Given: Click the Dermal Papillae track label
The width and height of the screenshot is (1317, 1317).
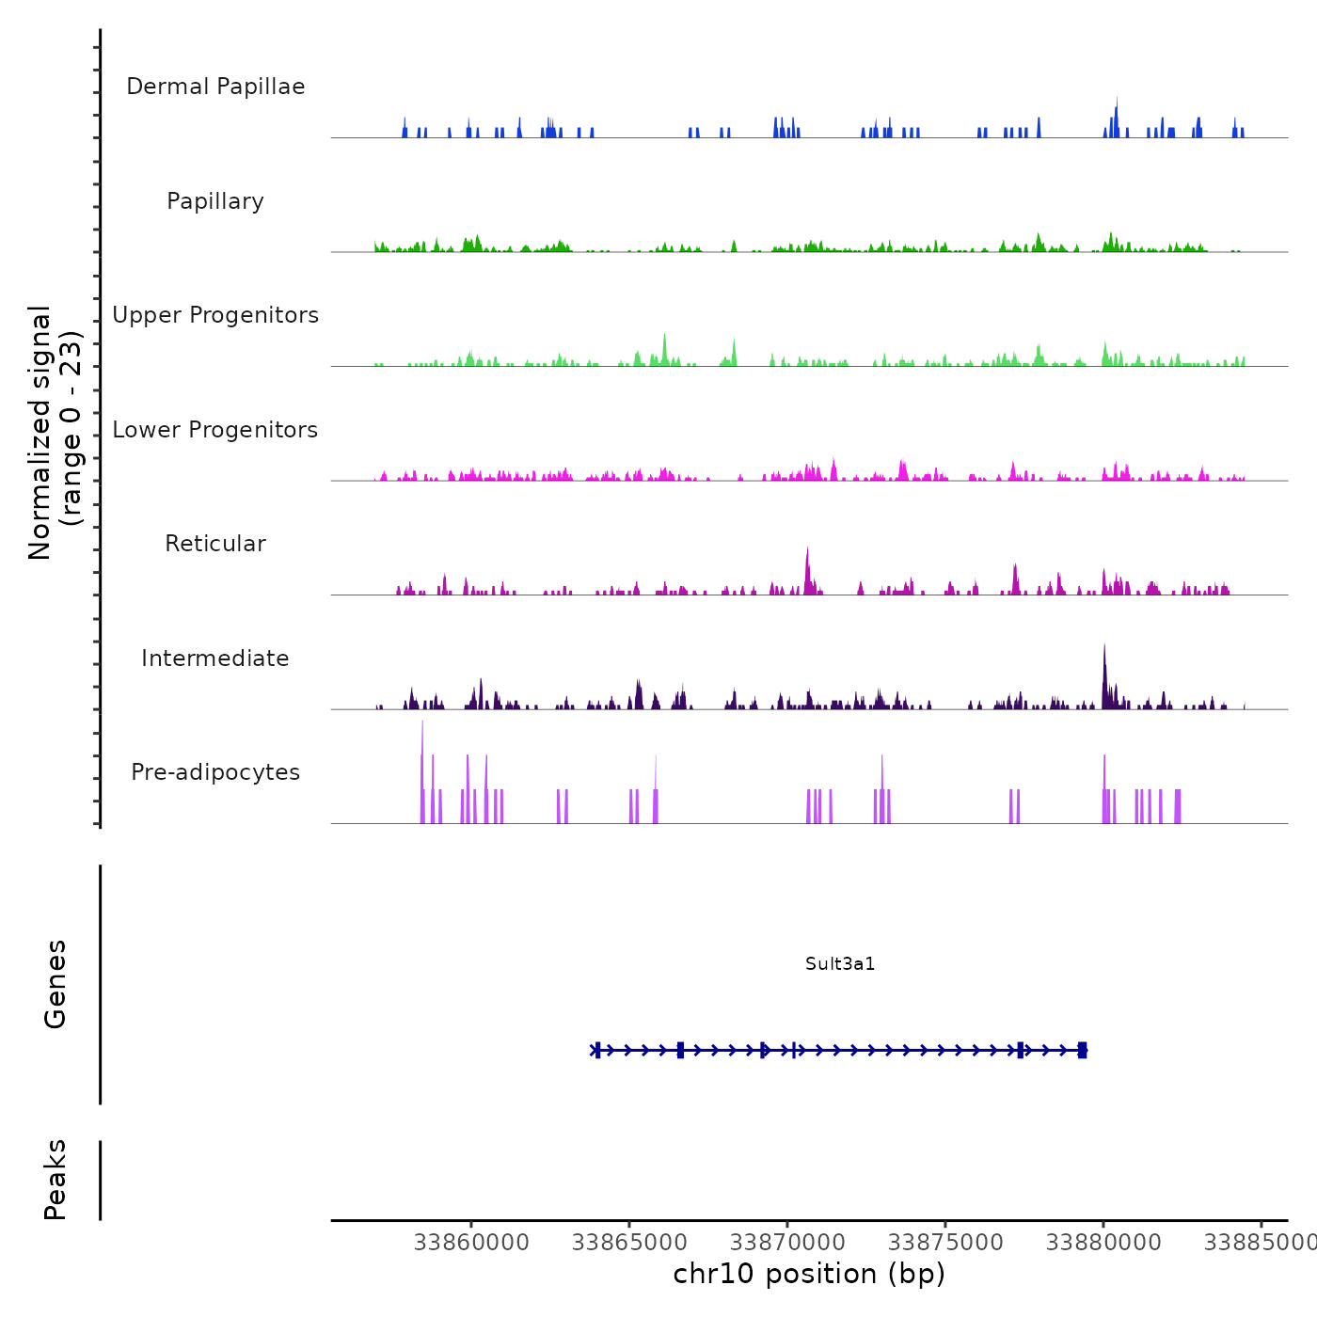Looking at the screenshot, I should click(215, 87).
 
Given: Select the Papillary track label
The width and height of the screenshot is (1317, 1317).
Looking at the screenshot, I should click(215, 201).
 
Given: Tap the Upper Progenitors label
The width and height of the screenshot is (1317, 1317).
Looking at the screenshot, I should click(215, 315).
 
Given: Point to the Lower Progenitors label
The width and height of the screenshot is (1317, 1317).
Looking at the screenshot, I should click(215, 430).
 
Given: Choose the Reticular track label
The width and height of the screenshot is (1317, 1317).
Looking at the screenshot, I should click(215, 544).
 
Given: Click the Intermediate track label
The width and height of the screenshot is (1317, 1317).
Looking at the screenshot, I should click(215, 658).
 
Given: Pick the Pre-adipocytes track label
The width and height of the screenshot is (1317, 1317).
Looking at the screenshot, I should click(215, 772).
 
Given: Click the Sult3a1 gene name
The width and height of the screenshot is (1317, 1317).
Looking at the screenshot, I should click(840, 963).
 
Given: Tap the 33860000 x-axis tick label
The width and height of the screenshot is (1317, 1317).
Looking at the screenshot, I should click(471, 1243).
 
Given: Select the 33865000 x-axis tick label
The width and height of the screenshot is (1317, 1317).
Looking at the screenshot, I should click(629, 1243).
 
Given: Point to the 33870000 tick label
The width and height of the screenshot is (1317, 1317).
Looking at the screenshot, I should click(787, 1243).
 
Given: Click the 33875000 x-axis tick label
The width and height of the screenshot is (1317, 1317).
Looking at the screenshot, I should click(945, 1243).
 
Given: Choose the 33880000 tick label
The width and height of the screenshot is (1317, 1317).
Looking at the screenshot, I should click(1103, 1243).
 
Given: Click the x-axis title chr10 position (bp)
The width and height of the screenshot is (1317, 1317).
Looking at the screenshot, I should click(809, 1274).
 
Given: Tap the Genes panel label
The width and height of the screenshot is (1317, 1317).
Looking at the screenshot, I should click(56, 984).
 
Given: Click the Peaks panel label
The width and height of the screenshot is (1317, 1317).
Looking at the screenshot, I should click(56, 1180).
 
